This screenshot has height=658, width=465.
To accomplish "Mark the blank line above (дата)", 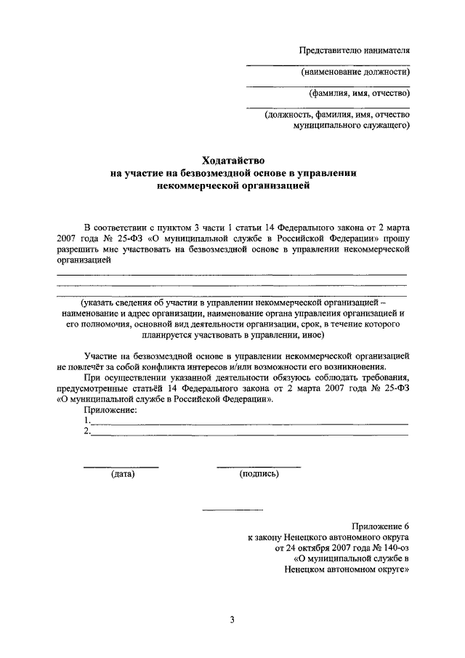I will [x=121, y=466].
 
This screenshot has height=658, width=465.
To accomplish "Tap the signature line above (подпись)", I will [x=259, y=466].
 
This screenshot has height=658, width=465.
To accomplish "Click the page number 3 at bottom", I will [x=232, y=619].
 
